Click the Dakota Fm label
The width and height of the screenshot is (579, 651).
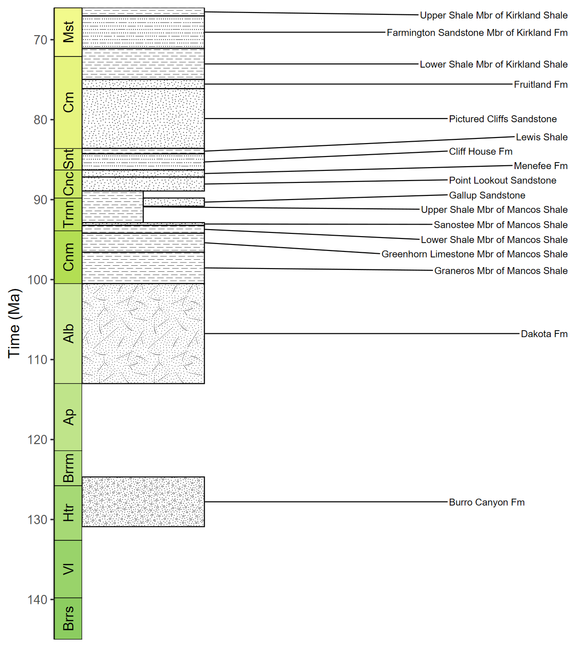[544, 334]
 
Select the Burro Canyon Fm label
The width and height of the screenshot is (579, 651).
[486, 502]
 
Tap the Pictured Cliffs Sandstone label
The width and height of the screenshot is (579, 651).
[503, 119]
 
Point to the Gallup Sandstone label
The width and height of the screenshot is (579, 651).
[487, 195]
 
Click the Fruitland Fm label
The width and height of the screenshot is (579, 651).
[541, 85]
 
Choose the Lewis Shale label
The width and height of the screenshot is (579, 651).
[541, 137]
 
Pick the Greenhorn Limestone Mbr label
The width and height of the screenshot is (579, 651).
[474, 254]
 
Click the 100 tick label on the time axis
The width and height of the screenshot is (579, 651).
[37, 280]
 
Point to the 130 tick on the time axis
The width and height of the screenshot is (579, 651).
[37, 520]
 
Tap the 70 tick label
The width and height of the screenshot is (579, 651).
[40, 40]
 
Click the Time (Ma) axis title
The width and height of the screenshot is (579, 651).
[14, 323]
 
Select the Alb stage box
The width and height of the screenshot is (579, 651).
[68, 333]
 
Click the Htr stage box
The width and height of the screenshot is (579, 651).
[68, 513]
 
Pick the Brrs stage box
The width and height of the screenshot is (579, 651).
[68, 618]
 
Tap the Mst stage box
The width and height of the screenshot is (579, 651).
[68, 32]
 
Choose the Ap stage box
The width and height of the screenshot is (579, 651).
[68, 417]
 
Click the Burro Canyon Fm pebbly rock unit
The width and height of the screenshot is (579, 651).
[143, 501]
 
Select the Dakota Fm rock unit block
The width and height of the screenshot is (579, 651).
[143, 333]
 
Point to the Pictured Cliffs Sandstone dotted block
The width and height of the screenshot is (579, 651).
[143, 118]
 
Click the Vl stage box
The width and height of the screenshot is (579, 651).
[68, 569]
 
